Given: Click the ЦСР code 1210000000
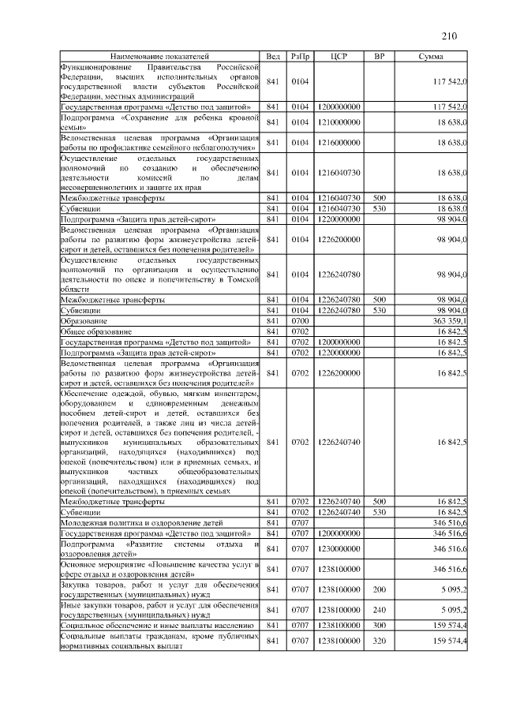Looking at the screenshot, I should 339,122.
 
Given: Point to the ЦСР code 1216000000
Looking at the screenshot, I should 339,142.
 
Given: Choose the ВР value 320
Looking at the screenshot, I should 379,641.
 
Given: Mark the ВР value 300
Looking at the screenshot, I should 379,626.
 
